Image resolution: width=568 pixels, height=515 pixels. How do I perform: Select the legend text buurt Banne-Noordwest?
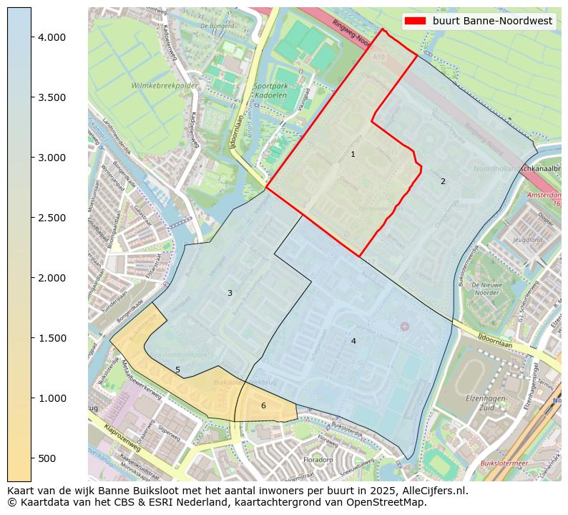click(492, 21)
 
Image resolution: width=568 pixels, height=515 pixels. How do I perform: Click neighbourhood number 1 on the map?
click(353, 155)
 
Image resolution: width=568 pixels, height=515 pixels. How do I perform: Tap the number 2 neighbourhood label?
click(443, 182)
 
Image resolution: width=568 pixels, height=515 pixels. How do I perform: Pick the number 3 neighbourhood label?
click(230, 294)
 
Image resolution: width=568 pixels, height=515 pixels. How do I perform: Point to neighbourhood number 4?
click(353, 342)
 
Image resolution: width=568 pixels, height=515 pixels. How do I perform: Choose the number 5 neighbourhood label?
click(178, 370)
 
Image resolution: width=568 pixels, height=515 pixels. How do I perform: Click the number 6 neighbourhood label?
click(263, 406)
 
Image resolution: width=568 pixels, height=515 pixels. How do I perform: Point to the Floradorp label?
click(318, 460)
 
